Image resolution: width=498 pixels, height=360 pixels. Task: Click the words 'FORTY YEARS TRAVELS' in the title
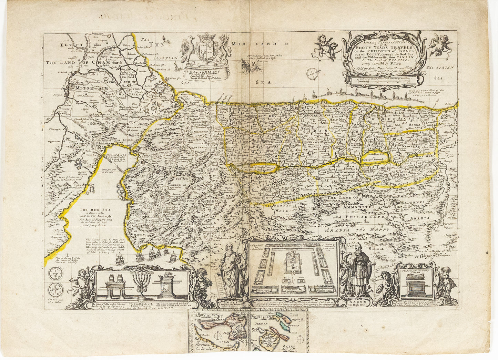tap(383, 48)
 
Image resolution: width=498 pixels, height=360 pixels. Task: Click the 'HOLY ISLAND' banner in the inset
tap(207, 314)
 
